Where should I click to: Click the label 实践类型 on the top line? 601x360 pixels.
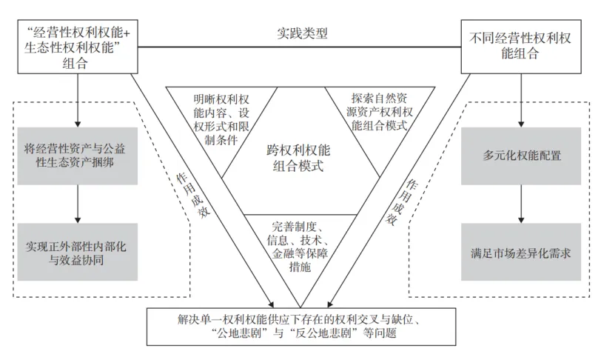(x=301, y=33)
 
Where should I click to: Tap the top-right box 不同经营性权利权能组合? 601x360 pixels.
(x=523, y=47)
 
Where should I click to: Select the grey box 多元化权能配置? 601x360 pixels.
(x=522, y=156)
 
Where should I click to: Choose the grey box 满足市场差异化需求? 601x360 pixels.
(x=522, y=250)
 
